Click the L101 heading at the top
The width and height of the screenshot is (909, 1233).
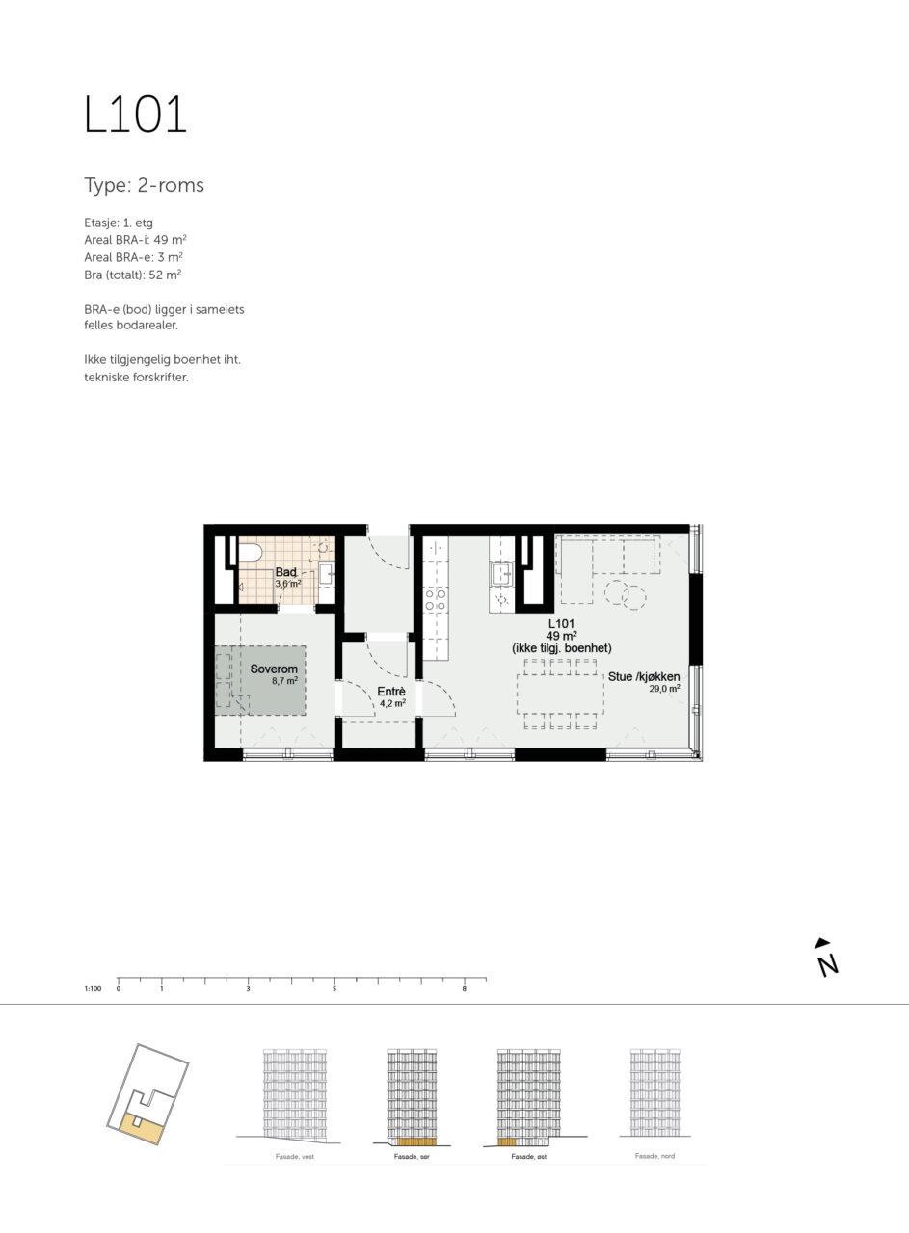[x=135, y=114]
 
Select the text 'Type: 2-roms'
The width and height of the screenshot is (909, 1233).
[x=144, y=185]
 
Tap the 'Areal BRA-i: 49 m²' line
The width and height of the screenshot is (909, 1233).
[x=135, y=240]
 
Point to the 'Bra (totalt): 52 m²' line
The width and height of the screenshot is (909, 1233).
[x=133, y=275]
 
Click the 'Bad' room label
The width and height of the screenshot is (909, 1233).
[x=286, y=572]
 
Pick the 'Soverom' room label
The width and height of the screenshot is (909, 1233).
[x=274, y=669]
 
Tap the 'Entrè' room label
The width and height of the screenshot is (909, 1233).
[x=391, y=692]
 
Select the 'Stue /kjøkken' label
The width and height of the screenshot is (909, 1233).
[x=644, y=676]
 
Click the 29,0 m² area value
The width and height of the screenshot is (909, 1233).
[x=664, y=689]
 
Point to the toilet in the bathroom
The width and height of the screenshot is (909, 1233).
[x=250, y=552]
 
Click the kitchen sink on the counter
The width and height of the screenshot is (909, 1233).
[x=502, y=573]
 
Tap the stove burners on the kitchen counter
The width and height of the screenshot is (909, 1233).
[x=435, y=600]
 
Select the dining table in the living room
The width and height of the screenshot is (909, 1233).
[x=560, y=694]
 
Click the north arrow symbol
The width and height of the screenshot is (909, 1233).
[x=826, y=958]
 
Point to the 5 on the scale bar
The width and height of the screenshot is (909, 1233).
[x=334, y=989]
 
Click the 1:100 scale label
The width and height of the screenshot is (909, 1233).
[x=93, y=989]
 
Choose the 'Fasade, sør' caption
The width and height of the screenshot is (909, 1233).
[x=412, y=1157]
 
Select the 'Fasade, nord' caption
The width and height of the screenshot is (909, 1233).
[x=655, y=1156]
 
